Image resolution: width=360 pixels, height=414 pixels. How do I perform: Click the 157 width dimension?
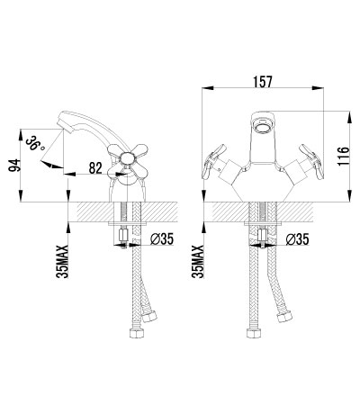pos(263,82)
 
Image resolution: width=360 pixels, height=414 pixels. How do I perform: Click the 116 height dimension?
pos(343,156)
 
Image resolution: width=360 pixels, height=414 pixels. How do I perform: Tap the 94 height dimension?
pos(14,166)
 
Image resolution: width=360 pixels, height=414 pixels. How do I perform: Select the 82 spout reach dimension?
pos(95,168)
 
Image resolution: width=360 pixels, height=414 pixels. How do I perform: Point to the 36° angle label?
pos(36,144)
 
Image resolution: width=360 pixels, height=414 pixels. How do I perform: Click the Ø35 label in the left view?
pos(162,239)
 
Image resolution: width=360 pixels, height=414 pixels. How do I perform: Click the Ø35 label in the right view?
pos(297,239)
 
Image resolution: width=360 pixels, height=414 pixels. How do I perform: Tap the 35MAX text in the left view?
pos(63,262)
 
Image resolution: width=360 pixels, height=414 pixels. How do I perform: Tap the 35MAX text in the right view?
pos(198,262)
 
